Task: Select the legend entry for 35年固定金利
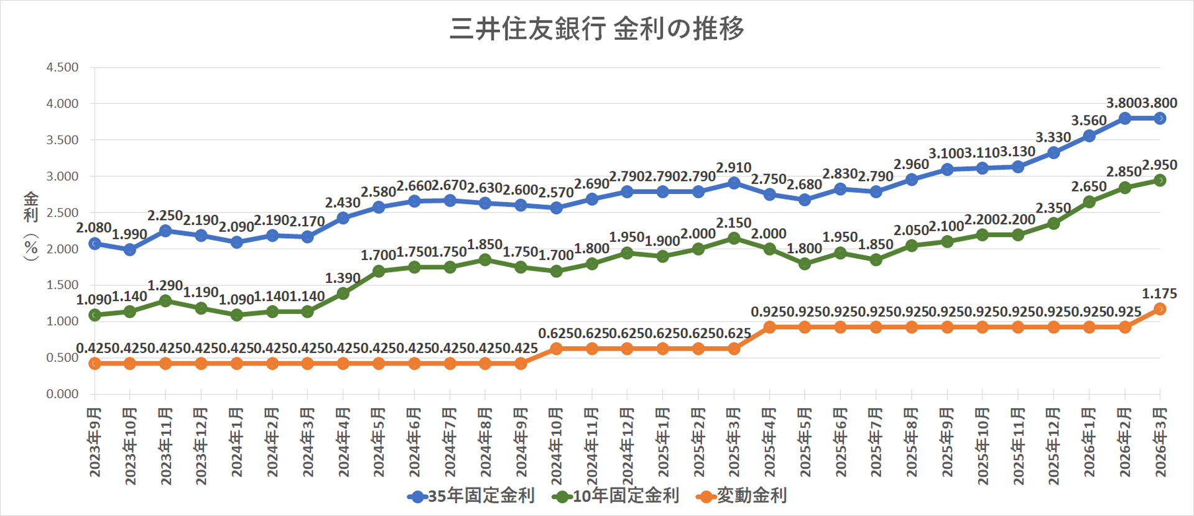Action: point(471,495)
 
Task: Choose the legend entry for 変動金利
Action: point(742,495)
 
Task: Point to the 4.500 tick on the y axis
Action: point(62,67)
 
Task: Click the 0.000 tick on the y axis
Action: point(62,394)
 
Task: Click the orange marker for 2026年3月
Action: point(1160,309)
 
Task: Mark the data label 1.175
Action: point(1159,293)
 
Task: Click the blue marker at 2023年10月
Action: point(130,250)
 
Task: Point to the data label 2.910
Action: point(734,168)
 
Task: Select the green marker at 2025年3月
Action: point(734,238)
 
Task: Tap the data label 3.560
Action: point(1088,121)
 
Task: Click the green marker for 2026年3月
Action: point(1160,180)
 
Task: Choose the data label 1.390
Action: point(343,278)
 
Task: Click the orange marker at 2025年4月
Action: point(769,327)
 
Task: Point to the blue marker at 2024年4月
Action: point(343,218)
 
